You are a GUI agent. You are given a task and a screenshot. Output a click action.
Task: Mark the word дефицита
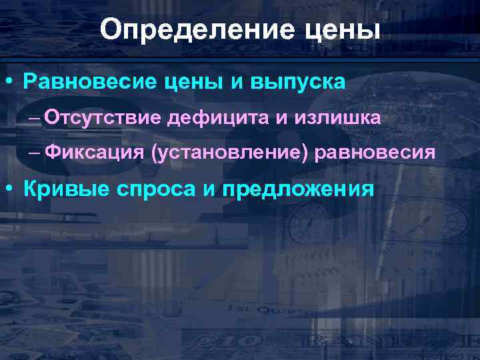click(x=217, y=118)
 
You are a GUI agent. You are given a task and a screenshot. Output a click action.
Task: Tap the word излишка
click(x=324, y=118)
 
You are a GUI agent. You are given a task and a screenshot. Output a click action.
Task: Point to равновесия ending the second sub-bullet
click(x=379, y=153)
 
